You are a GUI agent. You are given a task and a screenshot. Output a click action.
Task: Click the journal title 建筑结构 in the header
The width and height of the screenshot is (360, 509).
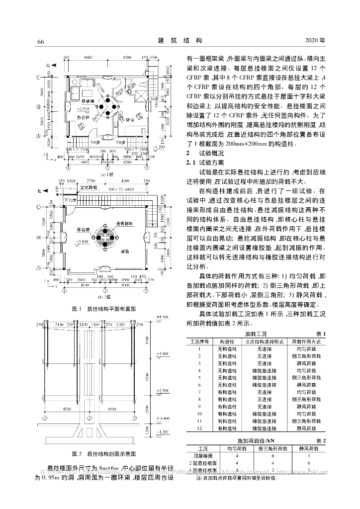pyautogui.click(x=180, y=41)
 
